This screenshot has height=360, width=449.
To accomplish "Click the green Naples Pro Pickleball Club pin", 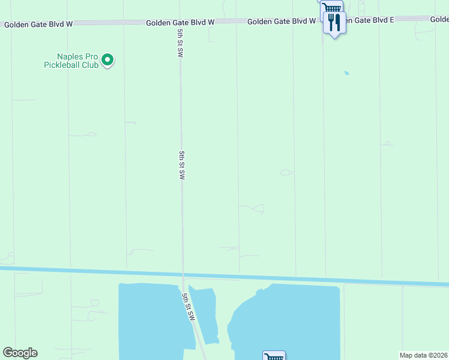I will click(107, 59).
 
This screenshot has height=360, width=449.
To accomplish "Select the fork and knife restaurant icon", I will click(334, 23).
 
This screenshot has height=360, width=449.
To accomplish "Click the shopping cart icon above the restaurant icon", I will click(331, 7).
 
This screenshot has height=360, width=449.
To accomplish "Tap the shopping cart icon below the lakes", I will click(274, 356).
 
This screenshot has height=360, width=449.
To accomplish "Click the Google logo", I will click(20, 353).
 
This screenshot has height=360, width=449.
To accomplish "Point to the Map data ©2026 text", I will click(423, 355).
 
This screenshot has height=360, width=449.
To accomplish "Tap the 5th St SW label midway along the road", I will click(181, 165).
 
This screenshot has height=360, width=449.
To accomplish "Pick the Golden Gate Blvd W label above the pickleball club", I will click(38, 25).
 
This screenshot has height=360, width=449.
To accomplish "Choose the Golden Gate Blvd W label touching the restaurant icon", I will click(282, 21).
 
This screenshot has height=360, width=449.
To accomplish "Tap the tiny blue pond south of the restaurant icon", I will click(346, 73).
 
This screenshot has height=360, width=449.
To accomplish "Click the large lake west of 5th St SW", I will click(150, 318).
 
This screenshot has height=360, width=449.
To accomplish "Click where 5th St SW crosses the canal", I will click(182, 274).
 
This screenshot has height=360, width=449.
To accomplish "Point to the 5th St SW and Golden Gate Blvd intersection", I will click(180, 22).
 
